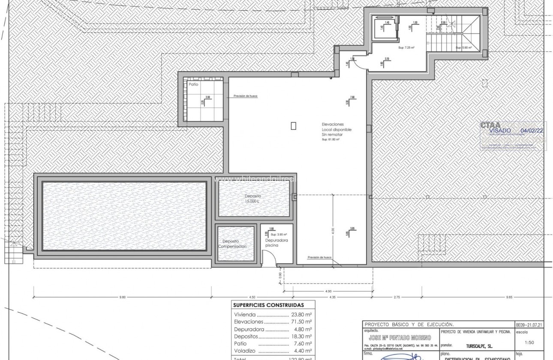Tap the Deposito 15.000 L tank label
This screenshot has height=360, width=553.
point(253,198)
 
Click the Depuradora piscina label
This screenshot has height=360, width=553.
point(276,243)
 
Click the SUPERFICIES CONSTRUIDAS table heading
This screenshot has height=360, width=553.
point(268,305)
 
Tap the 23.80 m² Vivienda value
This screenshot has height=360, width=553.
point(301,314)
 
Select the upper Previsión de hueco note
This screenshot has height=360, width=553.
point(246,96)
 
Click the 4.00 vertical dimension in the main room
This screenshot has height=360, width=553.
point(332,230)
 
